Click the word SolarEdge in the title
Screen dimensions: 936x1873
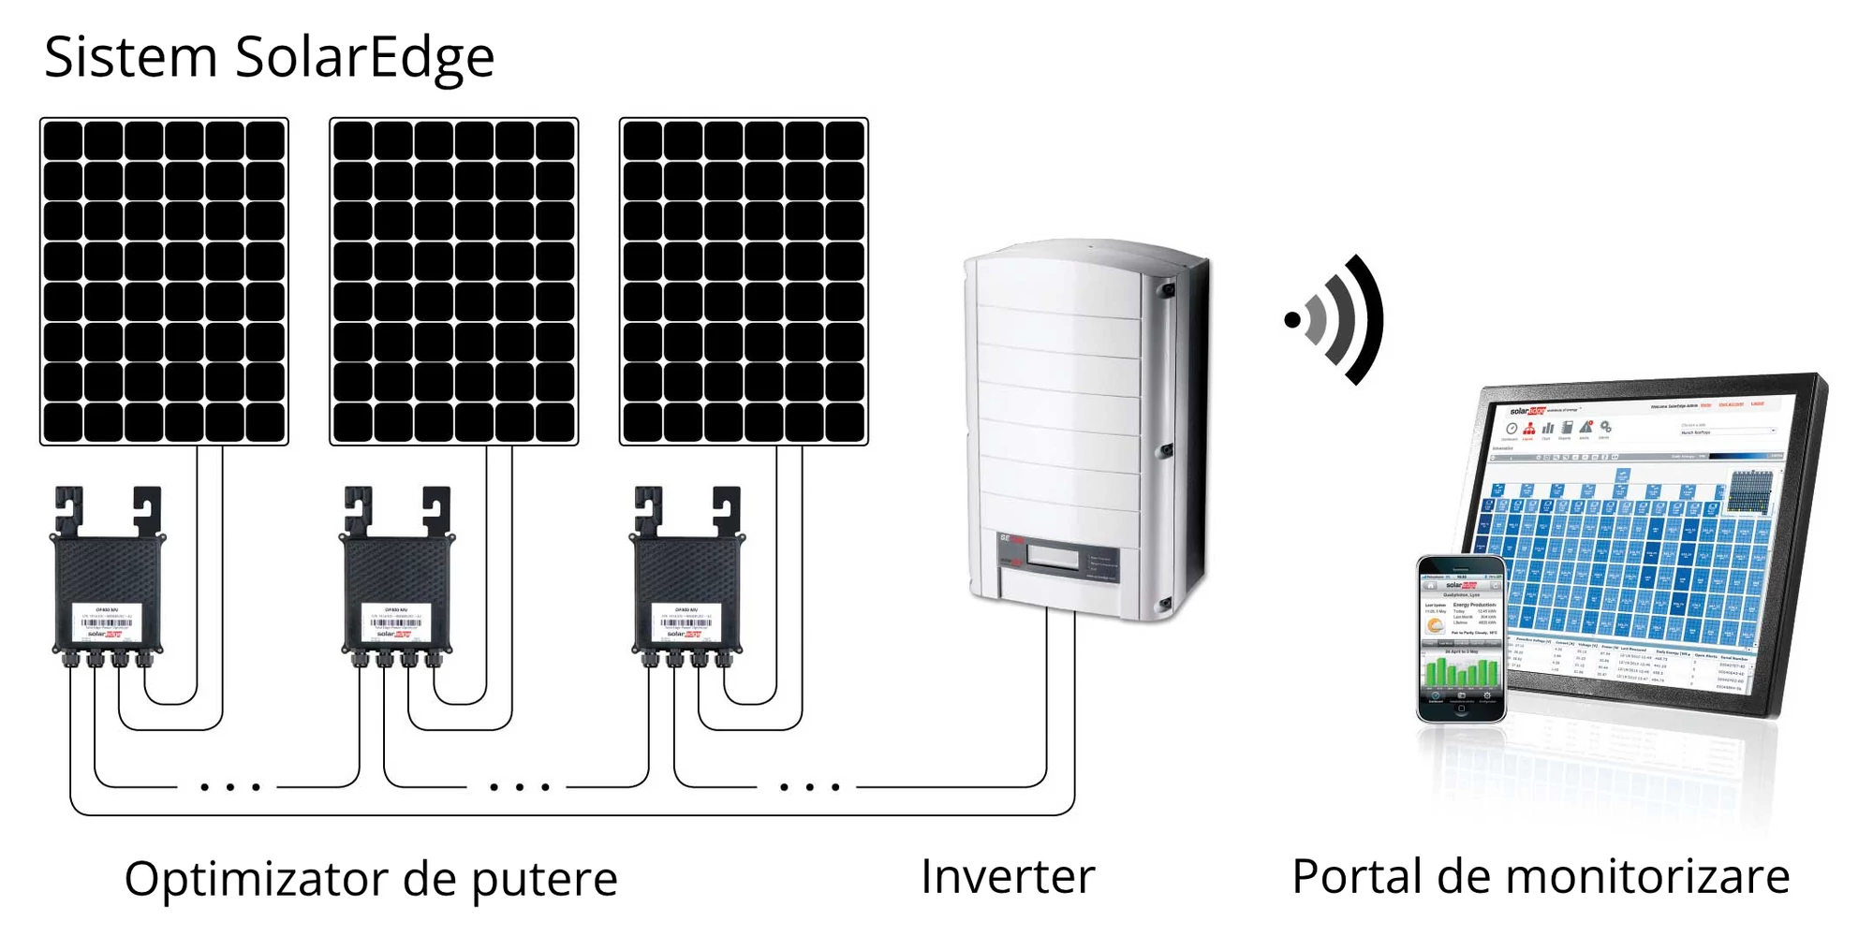[x=364, y=58]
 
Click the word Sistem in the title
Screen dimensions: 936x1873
[x=131, y=58]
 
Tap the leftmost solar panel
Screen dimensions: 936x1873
[x=164, y=281]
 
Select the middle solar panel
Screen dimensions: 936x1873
[x=454, y=281]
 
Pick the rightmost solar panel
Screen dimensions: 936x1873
[x=744, y=281]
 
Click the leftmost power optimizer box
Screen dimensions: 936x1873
[x=108, y=590]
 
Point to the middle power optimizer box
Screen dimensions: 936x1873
[x=397, y=590]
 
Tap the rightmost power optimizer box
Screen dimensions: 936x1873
[x=687, y=590]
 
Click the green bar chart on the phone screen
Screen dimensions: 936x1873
[x=1461, y=672]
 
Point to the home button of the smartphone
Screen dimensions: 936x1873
[x=1461, y=709]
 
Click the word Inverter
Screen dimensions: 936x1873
[x=1008, y=877]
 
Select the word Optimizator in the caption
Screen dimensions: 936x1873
[x=257, y=880]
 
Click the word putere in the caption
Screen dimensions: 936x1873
[x=544, y=880]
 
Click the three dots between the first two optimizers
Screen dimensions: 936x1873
[x=229, y=787]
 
